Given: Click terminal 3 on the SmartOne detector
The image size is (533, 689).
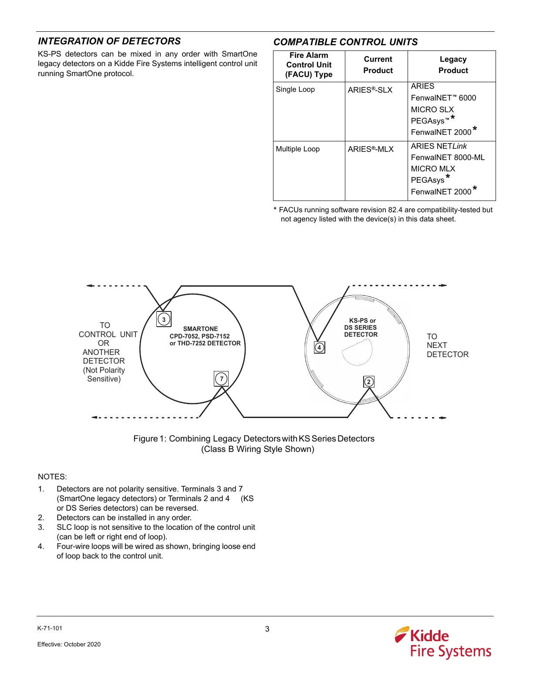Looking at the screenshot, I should pyautogui.click(x=164, y=319).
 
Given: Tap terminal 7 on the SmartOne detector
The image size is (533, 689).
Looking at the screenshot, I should pyautogui.click(x=221, y=378).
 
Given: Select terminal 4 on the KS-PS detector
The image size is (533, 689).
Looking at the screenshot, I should pyautogui.click(x=319, y=348).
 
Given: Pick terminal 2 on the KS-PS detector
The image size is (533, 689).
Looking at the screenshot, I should pyautogui.click(x=369, y=382).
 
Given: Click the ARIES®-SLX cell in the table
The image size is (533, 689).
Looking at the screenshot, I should pyautogui.click(x=370, y=90).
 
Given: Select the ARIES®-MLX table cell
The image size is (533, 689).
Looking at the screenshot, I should pyautogui.click(x=371, y=149).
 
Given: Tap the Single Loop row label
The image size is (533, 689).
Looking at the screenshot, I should pyautogui.click(x=295, y=90).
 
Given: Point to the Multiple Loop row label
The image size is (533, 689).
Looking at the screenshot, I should pyautogui.click(x=298, y=149).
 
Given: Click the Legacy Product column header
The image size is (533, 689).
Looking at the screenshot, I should pyautogui.click(x=453, y=65).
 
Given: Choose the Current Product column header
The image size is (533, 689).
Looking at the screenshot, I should pyautogui.click(x=378, y=65).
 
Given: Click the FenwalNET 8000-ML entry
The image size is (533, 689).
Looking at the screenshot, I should pyautogui.click(x=448, y=157).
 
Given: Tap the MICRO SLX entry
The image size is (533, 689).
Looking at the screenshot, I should pyautogui.click(x=432, y=110).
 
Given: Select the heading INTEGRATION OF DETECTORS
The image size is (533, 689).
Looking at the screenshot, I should pyautogui.click(x=109, y=41).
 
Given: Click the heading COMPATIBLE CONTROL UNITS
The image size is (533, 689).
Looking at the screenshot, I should pyautogui.click(x=345, y=42).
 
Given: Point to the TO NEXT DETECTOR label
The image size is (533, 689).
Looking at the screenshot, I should pyautogui.click(x=447, y=345).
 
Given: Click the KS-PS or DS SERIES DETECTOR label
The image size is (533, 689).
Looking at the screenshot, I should pyautogui.click(x=361, y=328).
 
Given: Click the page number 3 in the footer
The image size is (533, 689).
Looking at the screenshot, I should pyautogui.click(x=267, y=629).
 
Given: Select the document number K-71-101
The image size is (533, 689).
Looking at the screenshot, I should pyautogui.click(x=50, y=628).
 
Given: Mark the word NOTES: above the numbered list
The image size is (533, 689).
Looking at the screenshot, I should pyautogui.click(x=52, y=477).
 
